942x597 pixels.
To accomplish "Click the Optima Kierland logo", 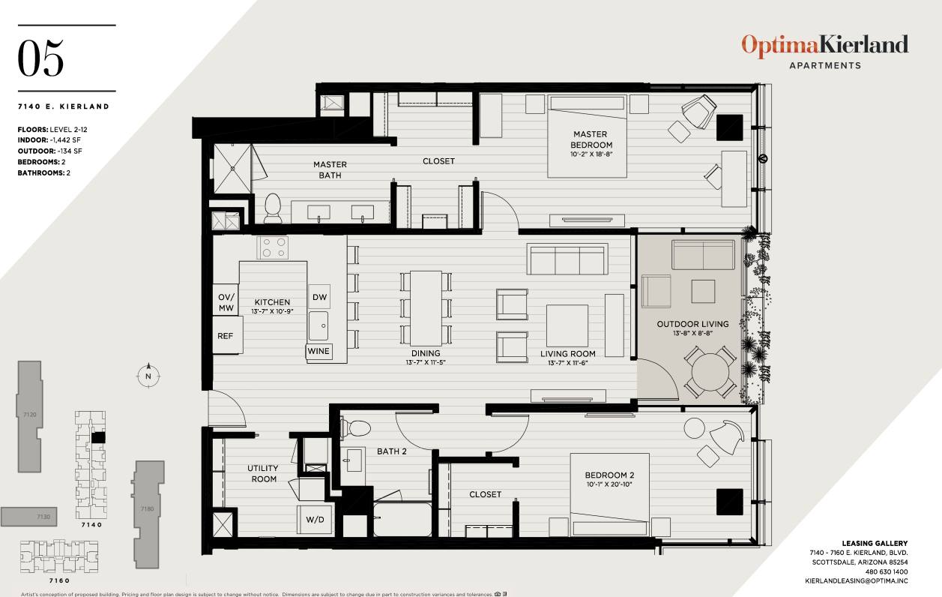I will (824, 45).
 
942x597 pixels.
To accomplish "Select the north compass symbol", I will (148, 375).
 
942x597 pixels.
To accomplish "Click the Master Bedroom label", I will (591, 139).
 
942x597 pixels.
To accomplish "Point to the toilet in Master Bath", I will (273, 207).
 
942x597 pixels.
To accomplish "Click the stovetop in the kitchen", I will (272, 247).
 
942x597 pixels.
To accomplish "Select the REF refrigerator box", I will (226, 337).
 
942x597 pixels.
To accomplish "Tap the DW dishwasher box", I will (319, 297).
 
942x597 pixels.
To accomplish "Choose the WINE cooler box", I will (318, 351).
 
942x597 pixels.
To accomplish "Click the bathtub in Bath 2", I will (402, 520).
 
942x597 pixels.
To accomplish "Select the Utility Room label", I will (262, 473).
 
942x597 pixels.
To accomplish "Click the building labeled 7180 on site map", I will (147, 510).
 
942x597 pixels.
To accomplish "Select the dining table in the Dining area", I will (426, 307).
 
